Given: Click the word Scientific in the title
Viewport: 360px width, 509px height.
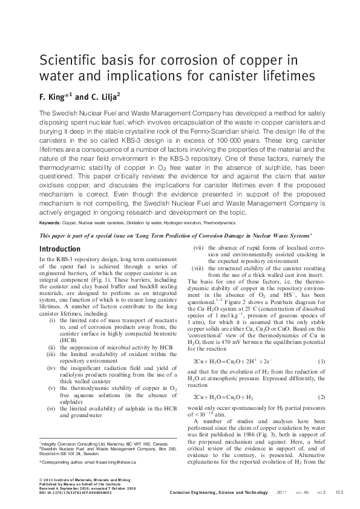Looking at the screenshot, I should coord(66,60).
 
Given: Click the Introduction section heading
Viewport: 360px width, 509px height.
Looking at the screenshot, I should coord(59,249).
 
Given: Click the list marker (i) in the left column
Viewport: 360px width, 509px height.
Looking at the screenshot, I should coord(53,337).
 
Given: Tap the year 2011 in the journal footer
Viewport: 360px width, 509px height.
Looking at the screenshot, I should coord(281,493).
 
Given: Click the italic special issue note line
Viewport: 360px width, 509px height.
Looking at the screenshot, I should coord(175,235).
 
